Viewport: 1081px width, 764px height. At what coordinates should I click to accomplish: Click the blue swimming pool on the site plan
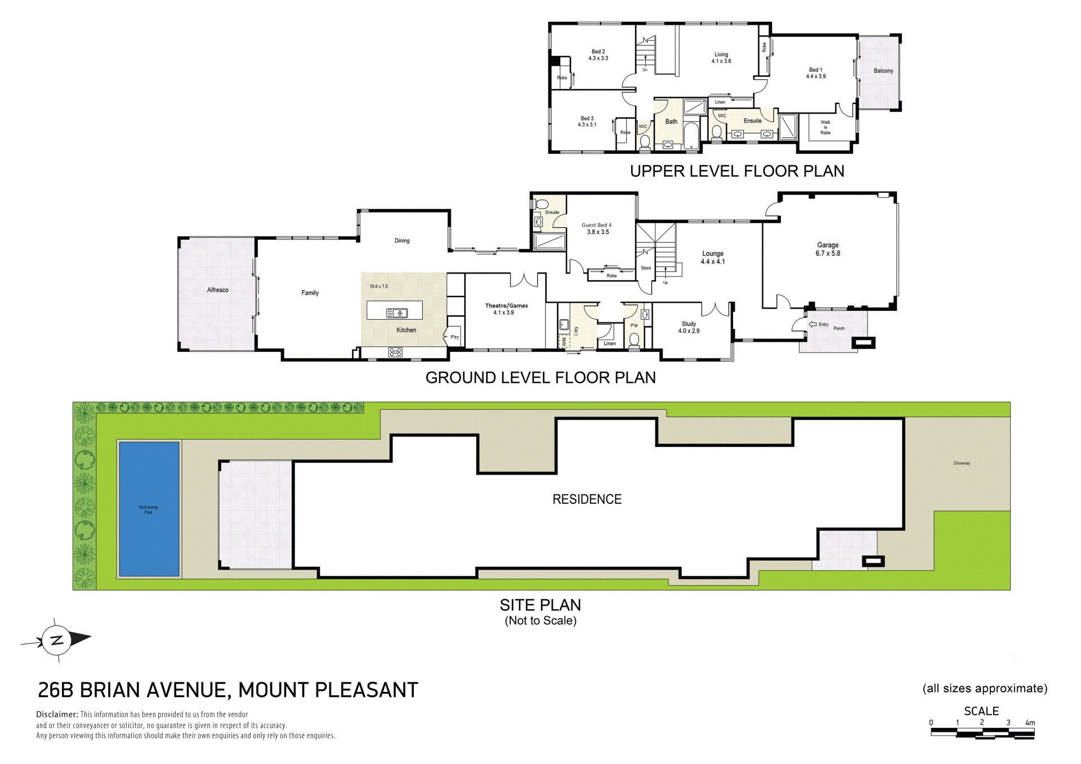149,509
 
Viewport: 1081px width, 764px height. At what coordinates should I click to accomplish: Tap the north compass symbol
56,640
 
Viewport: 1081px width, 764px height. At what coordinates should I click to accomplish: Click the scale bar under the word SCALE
982,734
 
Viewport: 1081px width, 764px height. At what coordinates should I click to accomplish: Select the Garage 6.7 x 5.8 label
828,249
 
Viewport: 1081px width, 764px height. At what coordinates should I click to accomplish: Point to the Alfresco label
218,290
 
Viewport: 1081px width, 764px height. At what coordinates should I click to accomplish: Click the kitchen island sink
397,313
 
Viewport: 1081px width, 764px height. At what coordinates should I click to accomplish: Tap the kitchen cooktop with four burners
395,352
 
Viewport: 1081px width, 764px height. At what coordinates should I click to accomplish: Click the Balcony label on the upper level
883,71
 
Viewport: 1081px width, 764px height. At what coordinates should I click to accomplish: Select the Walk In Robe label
825,127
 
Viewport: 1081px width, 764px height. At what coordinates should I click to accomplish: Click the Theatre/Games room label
506,309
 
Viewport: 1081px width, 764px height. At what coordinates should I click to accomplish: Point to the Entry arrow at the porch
812,324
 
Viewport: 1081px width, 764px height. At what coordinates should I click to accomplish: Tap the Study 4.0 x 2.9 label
689,328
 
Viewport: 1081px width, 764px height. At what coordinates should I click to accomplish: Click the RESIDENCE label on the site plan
587,499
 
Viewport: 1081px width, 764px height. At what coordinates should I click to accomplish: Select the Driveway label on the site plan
962,463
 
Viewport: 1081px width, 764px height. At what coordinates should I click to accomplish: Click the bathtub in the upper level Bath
691,136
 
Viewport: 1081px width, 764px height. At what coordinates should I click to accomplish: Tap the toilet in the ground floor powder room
635,339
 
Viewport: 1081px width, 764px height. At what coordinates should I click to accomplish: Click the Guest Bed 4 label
596,229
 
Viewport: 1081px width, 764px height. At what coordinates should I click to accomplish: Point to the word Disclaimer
57,714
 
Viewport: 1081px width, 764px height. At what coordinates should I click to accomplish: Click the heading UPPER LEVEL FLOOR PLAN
737,171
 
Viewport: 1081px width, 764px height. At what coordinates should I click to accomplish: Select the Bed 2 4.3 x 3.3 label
598,55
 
